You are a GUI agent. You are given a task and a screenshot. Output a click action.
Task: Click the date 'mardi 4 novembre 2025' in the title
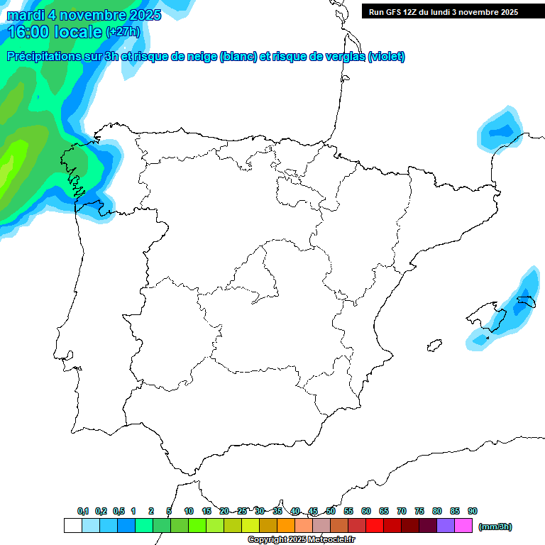pyautogui.click(x=84, y=15)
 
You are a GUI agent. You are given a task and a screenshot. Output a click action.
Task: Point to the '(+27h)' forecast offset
pyautogui.click(x=123, y=32)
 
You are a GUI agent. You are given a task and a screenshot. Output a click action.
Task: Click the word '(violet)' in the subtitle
pyautogui.click(x=387, y=57)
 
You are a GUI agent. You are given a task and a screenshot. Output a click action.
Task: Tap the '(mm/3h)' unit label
pyautogui.click(x=495, y=527)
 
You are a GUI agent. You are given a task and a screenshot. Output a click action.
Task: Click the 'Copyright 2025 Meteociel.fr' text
pyautogui.click(x=302, y=540)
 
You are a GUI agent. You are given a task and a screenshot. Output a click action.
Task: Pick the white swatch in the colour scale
pyautogui.click(x=72, y=526)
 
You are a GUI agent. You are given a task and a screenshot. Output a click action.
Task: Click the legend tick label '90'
pyautogui.click(x=473, y=511)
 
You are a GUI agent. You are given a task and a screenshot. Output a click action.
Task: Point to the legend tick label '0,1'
pyautogui.click(x=83, y=511)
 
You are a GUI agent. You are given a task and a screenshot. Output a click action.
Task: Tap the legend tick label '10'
pyautogui.click(x=189, y=511)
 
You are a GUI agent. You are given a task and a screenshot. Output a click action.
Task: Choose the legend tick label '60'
pyautogui.click(x=366, y=511)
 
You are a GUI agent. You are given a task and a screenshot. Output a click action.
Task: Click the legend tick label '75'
pyautogui.click(x=419, y=511)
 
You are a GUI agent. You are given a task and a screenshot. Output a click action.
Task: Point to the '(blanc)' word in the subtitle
pyautogui.click(x=238, y=57)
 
